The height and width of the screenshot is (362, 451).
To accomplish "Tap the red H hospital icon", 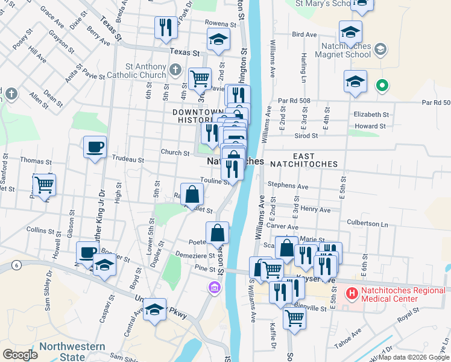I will [351, 293].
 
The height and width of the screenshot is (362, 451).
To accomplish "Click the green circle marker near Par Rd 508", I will [381, 86].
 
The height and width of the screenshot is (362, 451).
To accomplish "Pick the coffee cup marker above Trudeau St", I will [95, 147].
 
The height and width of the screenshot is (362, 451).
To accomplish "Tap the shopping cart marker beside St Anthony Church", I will [200, 78].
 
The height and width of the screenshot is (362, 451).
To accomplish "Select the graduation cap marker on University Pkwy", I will [155, 310].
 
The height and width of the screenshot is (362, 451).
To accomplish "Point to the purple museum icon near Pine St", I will [212, 288].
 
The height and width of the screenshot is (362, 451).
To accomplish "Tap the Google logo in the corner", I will [20, 355].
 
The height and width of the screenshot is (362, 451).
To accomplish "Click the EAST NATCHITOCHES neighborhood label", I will [297, 159].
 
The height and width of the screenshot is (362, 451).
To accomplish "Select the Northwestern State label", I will [72, 352].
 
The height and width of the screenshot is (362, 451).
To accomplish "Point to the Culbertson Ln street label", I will [367, 223].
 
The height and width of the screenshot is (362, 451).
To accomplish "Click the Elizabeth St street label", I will [371, 114].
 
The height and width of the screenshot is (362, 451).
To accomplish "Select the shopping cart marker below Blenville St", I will [294, 317].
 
